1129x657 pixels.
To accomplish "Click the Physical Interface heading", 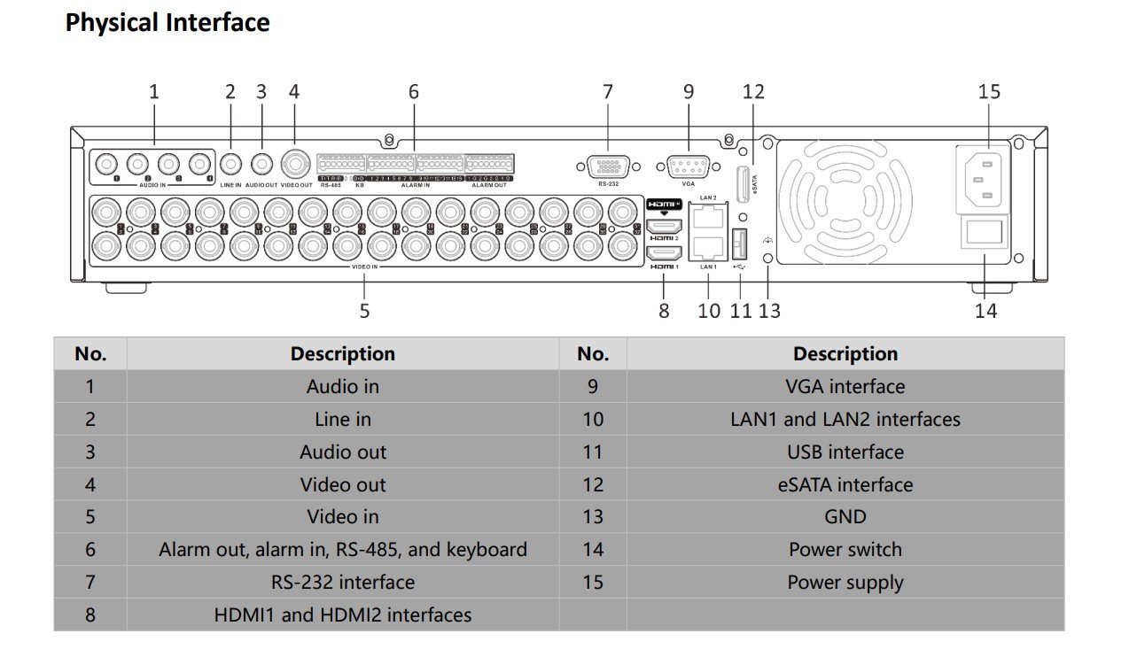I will click(167, 22).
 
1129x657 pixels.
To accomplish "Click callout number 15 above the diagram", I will click(989, 91).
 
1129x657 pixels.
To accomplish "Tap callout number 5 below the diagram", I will click(364, 311).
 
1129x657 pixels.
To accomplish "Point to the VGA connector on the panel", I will click(688, 166).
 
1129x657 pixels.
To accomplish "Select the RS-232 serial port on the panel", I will click(608, 166).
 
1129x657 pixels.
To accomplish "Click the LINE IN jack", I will click(230, 164).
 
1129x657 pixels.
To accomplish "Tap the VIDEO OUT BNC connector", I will click(295, 164).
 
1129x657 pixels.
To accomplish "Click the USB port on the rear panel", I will click(741, 242).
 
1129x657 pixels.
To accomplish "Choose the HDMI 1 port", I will click(665, 251).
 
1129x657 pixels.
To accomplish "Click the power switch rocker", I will click(984, 233).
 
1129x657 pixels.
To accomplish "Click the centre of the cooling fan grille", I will click(845, 198).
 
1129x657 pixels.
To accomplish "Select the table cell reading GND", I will click(845, 517).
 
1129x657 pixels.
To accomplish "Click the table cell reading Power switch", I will click(845, 550).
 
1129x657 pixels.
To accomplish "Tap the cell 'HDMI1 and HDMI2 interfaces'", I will click(342, 614).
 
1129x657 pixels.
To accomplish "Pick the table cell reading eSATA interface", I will click(845, 484).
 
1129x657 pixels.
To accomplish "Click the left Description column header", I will click(342, 354).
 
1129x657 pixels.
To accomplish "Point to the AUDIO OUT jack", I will click(261, 164).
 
